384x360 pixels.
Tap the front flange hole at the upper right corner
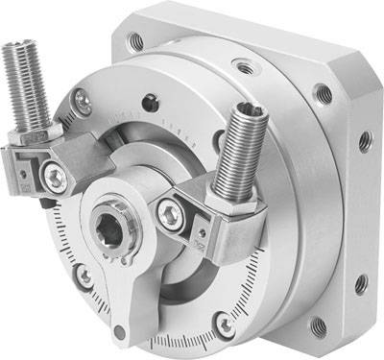(x=322, y=94)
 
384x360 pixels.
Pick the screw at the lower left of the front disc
(x=84, y=277)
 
